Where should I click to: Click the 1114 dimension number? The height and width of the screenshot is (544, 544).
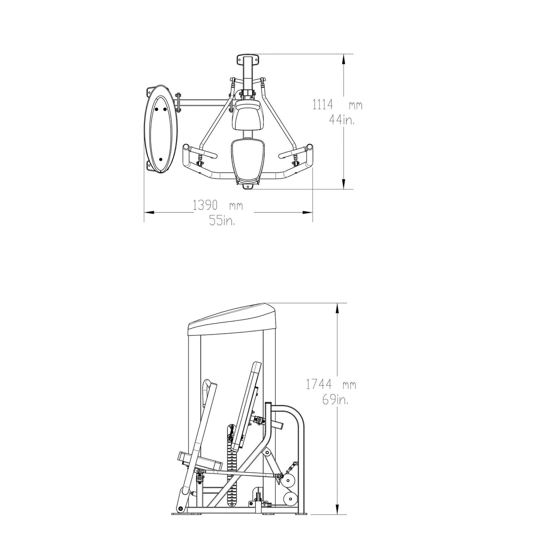(x=322, y=105)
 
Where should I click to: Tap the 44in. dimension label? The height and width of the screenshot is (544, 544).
(x=342, y=121)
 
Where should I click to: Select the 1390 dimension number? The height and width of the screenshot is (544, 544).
(x=205, y=205)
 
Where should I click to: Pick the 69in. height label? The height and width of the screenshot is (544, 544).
(x=335, y=400)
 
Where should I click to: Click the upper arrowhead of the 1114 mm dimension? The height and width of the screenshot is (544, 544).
(x=343, y=59)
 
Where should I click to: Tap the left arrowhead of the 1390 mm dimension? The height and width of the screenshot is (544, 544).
(x=150, y=212)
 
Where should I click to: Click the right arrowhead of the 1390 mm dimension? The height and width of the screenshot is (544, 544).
(x=307, y=212)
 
